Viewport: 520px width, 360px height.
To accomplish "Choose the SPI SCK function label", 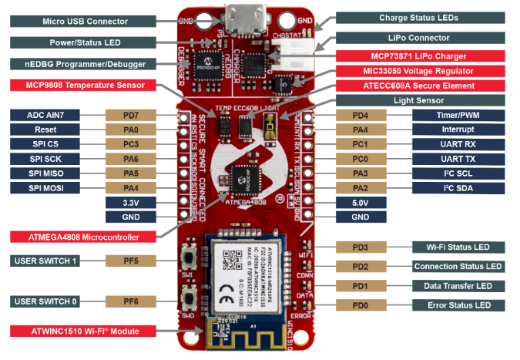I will (x=46, y=158).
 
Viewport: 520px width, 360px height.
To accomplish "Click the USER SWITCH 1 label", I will (x=45, y=261).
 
